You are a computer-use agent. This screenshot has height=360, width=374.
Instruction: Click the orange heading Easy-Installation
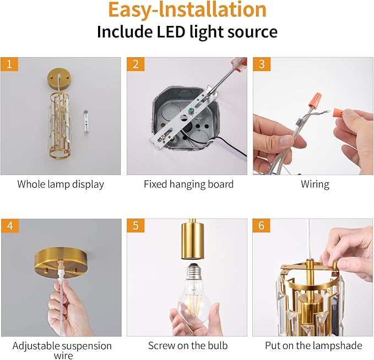click(187, 10)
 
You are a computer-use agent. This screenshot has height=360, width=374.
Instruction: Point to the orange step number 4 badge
click(8, 226)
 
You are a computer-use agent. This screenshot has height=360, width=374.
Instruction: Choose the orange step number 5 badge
click(134, 226)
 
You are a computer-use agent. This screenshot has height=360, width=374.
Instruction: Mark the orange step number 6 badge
click(261, 226)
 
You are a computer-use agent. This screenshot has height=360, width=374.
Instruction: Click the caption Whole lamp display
click(61, 184)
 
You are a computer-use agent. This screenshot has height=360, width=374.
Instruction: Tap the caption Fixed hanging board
click(188, 184)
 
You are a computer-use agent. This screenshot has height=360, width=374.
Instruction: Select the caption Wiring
click(315, 184)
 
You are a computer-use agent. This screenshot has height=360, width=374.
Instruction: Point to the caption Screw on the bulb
click(188, 346)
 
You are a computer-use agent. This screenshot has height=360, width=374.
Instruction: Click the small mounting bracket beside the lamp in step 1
click(86, 119)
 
